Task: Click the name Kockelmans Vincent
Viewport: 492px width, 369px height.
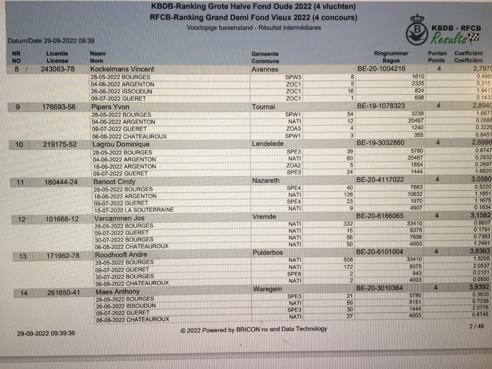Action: (122, 69)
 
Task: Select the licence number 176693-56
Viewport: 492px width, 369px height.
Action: (59, 107)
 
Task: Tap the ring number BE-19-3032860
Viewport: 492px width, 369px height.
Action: (380, 143)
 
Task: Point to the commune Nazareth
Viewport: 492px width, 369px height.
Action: (266, 180)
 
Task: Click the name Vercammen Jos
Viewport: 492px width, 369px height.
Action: (119, 218)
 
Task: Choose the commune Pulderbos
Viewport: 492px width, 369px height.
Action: (268, 253)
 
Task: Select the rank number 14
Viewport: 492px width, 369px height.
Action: (24, 293)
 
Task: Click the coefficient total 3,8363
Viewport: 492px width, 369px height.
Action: (479, 251)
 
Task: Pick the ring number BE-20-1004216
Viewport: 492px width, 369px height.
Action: (381, 68)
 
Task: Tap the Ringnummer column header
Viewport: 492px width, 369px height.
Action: (391, 53)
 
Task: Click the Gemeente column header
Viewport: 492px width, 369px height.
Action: (265, 54)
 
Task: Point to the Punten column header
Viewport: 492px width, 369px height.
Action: (437, 53)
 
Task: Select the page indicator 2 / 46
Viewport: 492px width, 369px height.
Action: (477, 326)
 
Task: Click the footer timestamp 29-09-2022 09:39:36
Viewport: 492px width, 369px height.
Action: (46, 333)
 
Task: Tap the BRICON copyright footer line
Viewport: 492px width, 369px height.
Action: (254, 329)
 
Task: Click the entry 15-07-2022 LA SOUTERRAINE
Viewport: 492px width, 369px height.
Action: (134, 210)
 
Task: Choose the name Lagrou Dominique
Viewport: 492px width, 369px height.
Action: (121, 144)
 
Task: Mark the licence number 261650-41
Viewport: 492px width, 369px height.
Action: (63, 293)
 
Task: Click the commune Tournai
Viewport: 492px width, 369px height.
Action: (263, 106)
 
